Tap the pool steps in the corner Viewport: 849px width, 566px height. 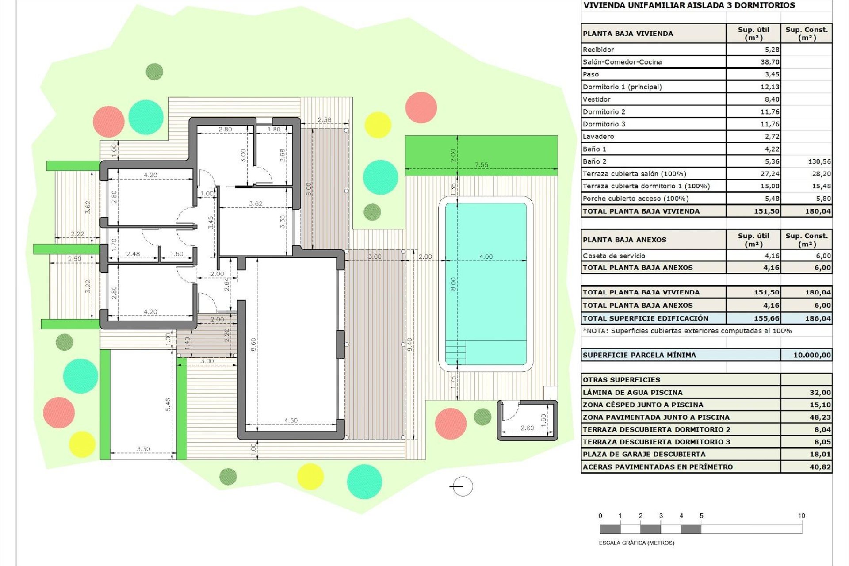click(x=455, y=352)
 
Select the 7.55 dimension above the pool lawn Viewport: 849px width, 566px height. click(x=481, y=164)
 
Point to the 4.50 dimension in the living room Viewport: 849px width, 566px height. click(x=291, y=420)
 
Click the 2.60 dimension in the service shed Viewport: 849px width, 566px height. click(x=527, y=428)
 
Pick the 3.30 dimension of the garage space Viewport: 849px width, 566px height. click(x=143, y=449)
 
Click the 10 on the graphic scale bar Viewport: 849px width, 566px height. click(x=801, y=516)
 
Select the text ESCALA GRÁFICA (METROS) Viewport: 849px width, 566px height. click(x=636, y=543)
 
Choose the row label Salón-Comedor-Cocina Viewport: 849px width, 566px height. click(x=622, y=62)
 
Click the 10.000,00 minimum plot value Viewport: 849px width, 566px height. click(x=811, y=355)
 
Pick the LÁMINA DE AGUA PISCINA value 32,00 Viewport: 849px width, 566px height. click(x=820, y=392)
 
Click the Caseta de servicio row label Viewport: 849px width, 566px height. click(x=613, y=256)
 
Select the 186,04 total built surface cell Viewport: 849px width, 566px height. click(x=818, y=318)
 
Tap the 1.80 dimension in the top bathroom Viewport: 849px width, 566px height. click(x=274, y=129)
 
